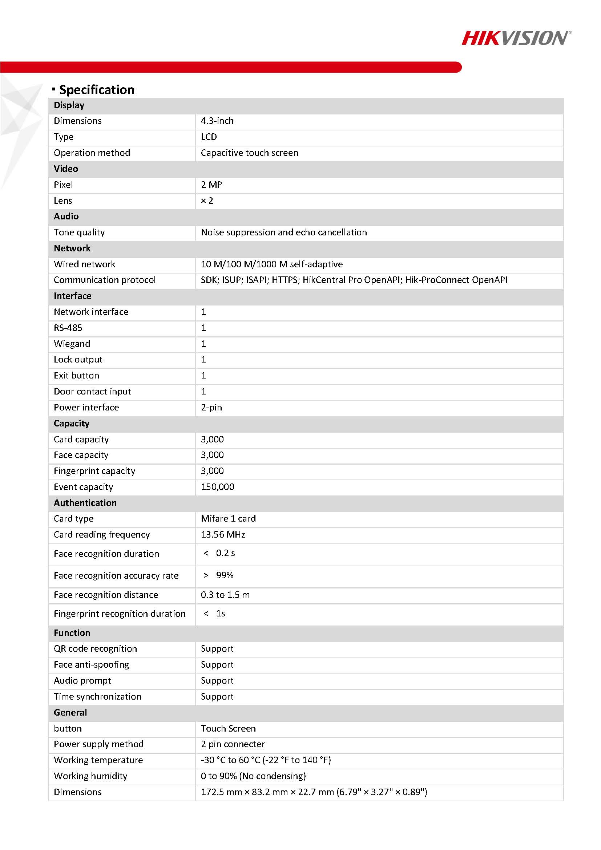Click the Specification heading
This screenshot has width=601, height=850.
(x=97, y=90)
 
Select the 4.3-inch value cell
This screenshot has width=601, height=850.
(x=217, y=121)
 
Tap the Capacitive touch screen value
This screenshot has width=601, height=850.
(x=249, y=153)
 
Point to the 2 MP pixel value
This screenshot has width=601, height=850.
(x=211, y=185)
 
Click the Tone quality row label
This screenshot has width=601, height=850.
(x=79, y=232)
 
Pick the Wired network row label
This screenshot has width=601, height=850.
(x=84, y=264)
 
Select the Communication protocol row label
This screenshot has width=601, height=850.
(x=104, y=280)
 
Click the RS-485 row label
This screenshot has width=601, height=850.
(x=68, y=328)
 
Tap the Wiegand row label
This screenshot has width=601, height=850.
(x=72, y=344)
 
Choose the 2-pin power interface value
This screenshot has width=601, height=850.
(x=211, y=408)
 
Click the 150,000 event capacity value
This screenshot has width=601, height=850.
(x=217, y=487)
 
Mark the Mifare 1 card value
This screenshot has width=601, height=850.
(x=228, y=519)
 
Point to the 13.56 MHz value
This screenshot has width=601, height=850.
(x=223, y=535)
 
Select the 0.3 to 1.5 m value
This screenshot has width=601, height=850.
(x=225, y=595)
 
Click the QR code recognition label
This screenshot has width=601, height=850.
(x=95, y=649)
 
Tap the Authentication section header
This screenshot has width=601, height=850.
(x=85, y=503)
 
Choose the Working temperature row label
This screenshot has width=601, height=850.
(x=98, y=760)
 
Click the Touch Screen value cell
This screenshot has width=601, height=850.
(x=228, y=729)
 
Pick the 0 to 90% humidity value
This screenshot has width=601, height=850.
(x=253, y=776)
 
